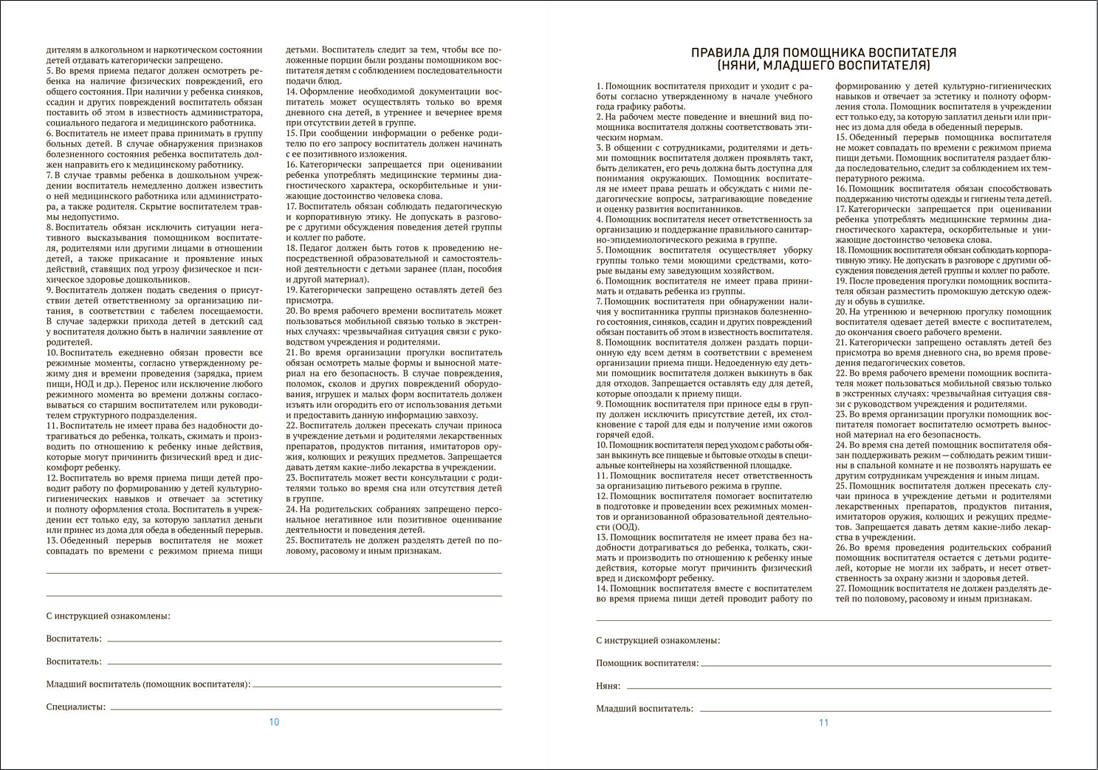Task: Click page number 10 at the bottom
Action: (x=274, y=722)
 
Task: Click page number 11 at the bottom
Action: (x=824, y=723)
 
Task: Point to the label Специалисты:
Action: (x=76, y=707)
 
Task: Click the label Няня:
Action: (x=608, y=686)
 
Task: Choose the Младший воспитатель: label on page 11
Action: (x=645, y=709)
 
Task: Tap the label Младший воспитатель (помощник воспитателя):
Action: (x=148, y=684)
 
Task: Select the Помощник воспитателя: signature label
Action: (x=648, y=663)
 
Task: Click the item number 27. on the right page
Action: (x=841, y=588)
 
